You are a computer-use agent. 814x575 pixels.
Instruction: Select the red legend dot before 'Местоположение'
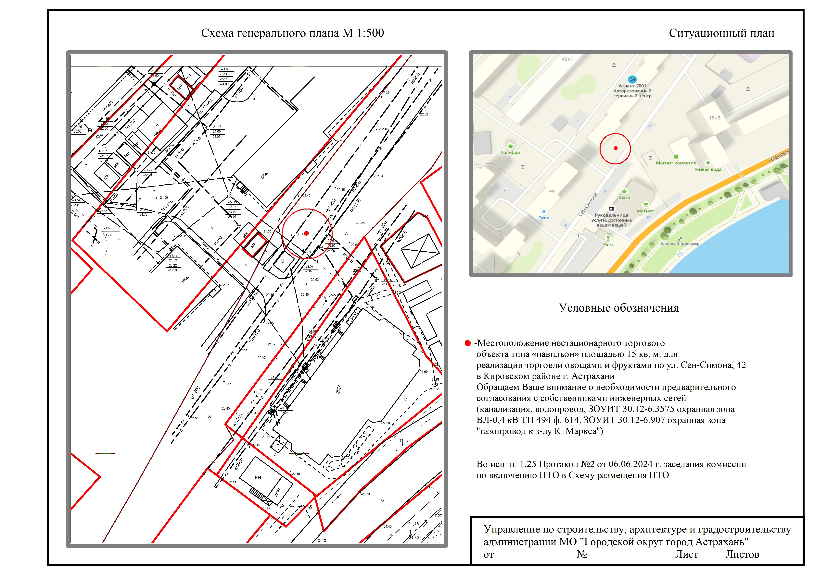(x=468, y=343)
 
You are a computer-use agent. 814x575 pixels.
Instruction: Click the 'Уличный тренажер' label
(x=680, y=244)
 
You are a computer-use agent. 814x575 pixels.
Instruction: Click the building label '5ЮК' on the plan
(x=264, y=175)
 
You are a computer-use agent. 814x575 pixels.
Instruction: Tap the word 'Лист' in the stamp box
(x=686, y=555)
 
